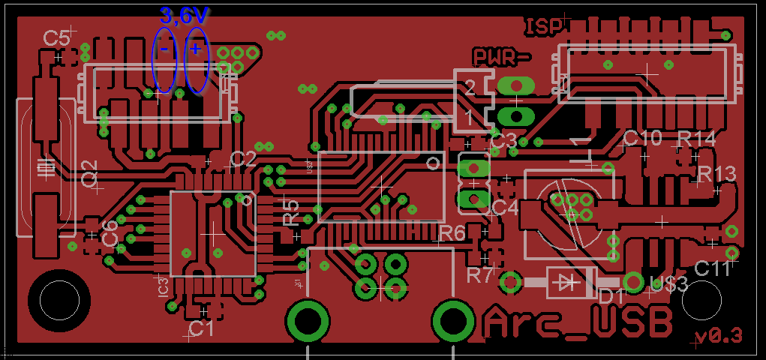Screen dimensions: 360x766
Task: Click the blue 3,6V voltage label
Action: [x=185, y=15]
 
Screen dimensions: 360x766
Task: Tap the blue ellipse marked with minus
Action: [x=164, y=59]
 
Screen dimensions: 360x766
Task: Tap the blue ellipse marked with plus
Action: [x=196, y=61]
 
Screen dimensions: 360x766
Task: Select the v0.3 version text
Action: [x=719, y=335]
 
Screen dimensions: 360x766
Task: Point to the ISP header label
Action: [x=545, y=28]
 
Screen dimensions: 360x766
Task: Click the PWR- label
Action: [x=501, y=56]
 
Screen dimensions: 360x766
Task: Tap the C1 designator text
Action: [x=200, y=328]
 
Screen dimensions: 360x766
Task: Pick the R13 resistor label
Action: [x=716, y=174]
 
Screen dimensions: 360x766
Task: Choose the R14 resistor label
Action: [x=696, y=139]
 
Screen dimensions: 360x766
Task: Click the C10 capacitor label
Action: [x=642, y=138]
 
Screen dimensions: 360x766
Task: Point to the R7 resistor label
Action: [x=480, y=274]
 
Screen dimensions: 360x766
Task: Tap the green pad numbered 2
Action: [x=515, y=86]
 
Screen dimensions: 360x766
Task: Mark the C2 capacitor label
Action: [x=242, y=158]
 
